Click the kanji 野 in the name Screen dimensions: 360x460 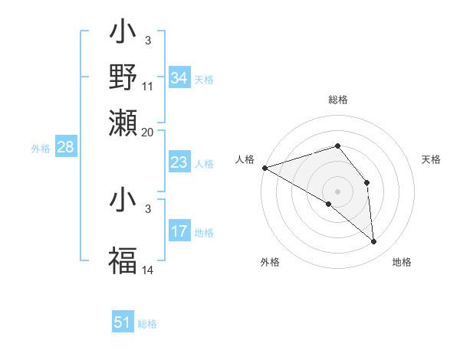(123, 77)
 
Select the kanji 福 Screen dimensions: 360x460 (123, 260)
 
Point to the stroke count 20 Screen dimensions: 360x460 (149, 132)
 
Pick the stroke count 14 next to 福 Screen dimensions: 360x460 (149, 270)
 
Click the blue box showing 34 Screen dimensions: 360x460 (179, 78)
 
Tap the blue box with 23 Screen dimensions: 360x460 (179, 162)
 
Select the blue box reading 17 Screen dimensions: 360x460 (179, 231)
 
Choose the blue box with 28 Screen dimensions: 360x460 (65, 149)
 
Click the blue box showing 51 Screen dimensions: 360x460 (123, 323)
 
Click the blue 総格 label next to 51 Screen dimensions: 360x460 (147, 324)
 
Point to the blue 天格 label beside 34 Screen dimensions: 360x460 (204, 79)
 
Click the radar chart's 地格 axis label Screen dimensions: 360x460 (402, 263)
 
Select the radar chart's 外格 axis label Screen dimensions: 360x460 (270, 263)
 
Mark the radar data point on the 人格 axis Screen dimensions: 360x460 (264, 168)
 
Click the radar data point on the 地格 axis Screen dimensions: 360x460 (374, 241)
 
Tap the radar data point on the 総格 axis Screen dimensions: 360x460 (337, 146)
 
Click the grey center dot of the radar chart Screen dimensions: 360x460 (337, 191)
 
